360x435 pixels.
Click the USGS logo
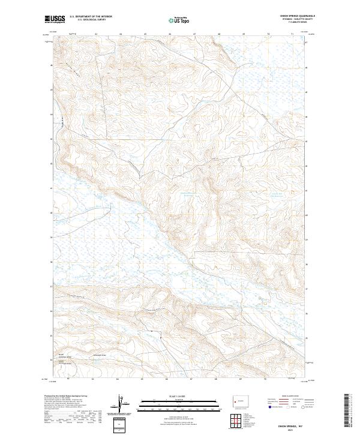pos(55,19)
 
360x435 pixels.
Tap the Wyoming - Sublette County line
pos(298,19)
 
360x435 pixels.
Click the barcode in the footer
pos(347,411)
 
